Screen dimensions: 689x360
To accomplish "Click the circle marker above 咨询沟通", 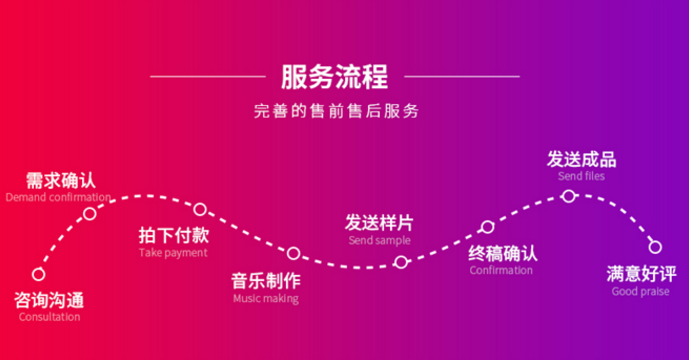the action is click(x=39, y=274).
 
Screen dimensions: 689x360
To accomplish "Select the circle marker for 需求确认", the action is click(x=90, y=213).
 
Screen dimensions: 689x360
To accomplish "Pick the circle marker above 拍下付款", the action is click(x=200, y=209).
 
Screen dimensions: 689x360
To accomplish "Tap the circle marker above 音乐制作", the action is click(x=294, y=253).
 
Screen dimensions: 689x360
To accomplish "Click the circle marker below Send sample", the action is click(x=401, y=263).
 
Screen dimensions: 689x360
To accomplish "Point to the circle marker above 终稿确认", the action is click(x=487, y=227).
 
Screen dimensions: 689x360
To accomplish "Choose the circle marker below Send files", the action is click(x=568, y=196).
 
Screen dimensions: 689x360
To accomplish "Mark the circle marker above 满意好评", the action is click(x=655, y=247).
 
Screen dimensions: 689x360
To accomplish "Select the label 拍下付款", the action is click(x=174, y=236).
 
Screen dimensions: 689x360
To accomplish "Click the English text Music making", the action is click(x=265, y=298).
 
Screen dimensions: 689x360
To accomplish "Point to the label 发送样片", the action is click(x=379, y=222).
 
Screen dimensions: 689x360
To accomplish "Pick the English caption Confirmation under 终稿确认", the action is click(x=501, y=270).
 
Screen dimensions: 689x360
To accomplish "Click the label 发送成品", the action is click(x=581, y=159).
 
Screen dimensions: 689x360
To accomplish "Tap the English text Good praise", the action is click(x=640, y=291).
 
